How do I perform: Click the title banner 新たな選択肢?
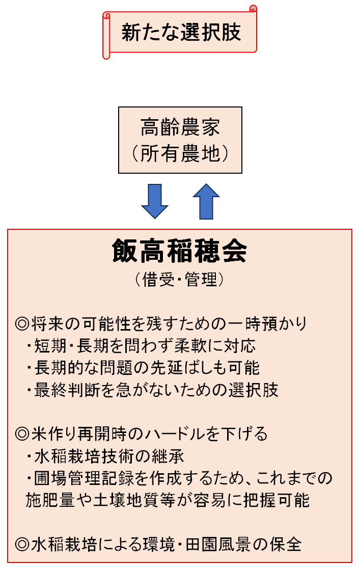click(x=181, y=33)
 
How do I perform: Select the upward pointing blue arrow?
click(x=206, y=201)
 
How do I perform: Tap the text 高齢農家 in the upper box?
click(x=180, y=127)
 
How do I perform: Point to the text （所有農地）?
click(x=180, y=153)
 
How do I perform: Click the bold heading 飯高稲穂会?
click(x=180, y=252)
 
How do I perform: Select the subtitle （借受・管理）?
click(x=180, y=280)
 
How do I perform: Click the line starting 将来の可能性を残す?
click(x=168, y=323)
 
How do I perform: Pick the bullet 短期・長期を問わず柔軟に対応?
click(x=145, y=346)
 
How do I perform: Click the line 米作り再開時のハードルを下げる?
click(x=148, y=434)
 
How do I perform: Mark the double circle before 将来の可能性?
click(x=22, y=323)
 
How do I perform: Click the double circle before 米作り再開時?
click(x=22, y=434)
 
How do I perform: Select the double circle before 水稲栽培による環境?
click(x=22, y=544)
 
